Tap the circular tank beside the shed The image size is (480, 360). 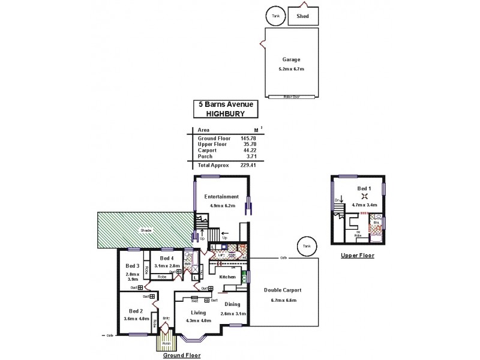276,16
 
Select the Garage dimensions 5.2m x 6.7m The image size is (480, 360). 291,70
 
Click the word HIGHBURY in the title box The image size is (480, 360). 226,112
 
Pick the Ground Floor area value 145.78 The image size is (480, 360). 248,139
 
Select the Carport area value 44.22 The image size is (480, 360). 248,151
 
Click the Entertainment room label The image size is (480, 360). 221,196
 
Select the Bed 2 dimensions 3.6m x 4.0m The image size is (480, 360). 135,319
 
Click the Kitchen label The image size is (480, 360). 227,277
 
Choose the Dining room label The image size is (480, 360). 232,304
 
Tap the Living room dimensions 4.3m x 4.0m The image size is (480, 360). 197,321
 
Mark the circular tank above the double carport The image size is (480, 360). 307,246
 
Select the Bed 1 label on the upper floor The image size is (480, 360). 364,188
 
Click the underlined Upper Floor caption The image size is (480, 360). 357,255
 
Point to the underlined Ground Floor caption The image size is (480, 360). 182,355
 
